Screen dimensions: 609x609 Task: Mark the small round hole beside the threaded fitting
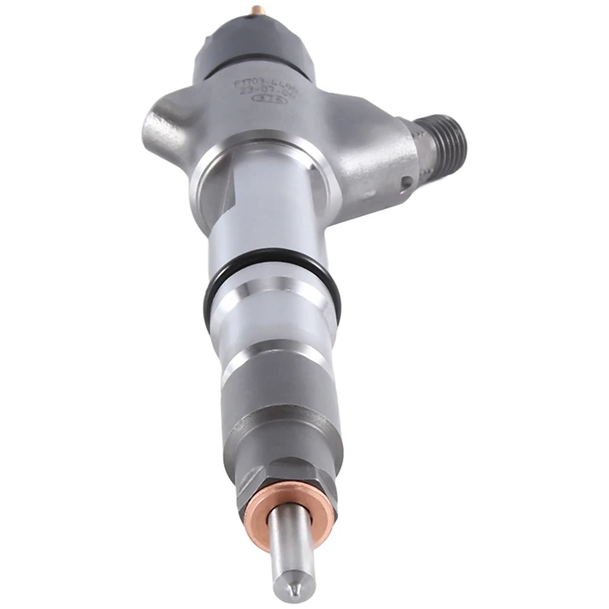pyautogui.click(x=408, y=182)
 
